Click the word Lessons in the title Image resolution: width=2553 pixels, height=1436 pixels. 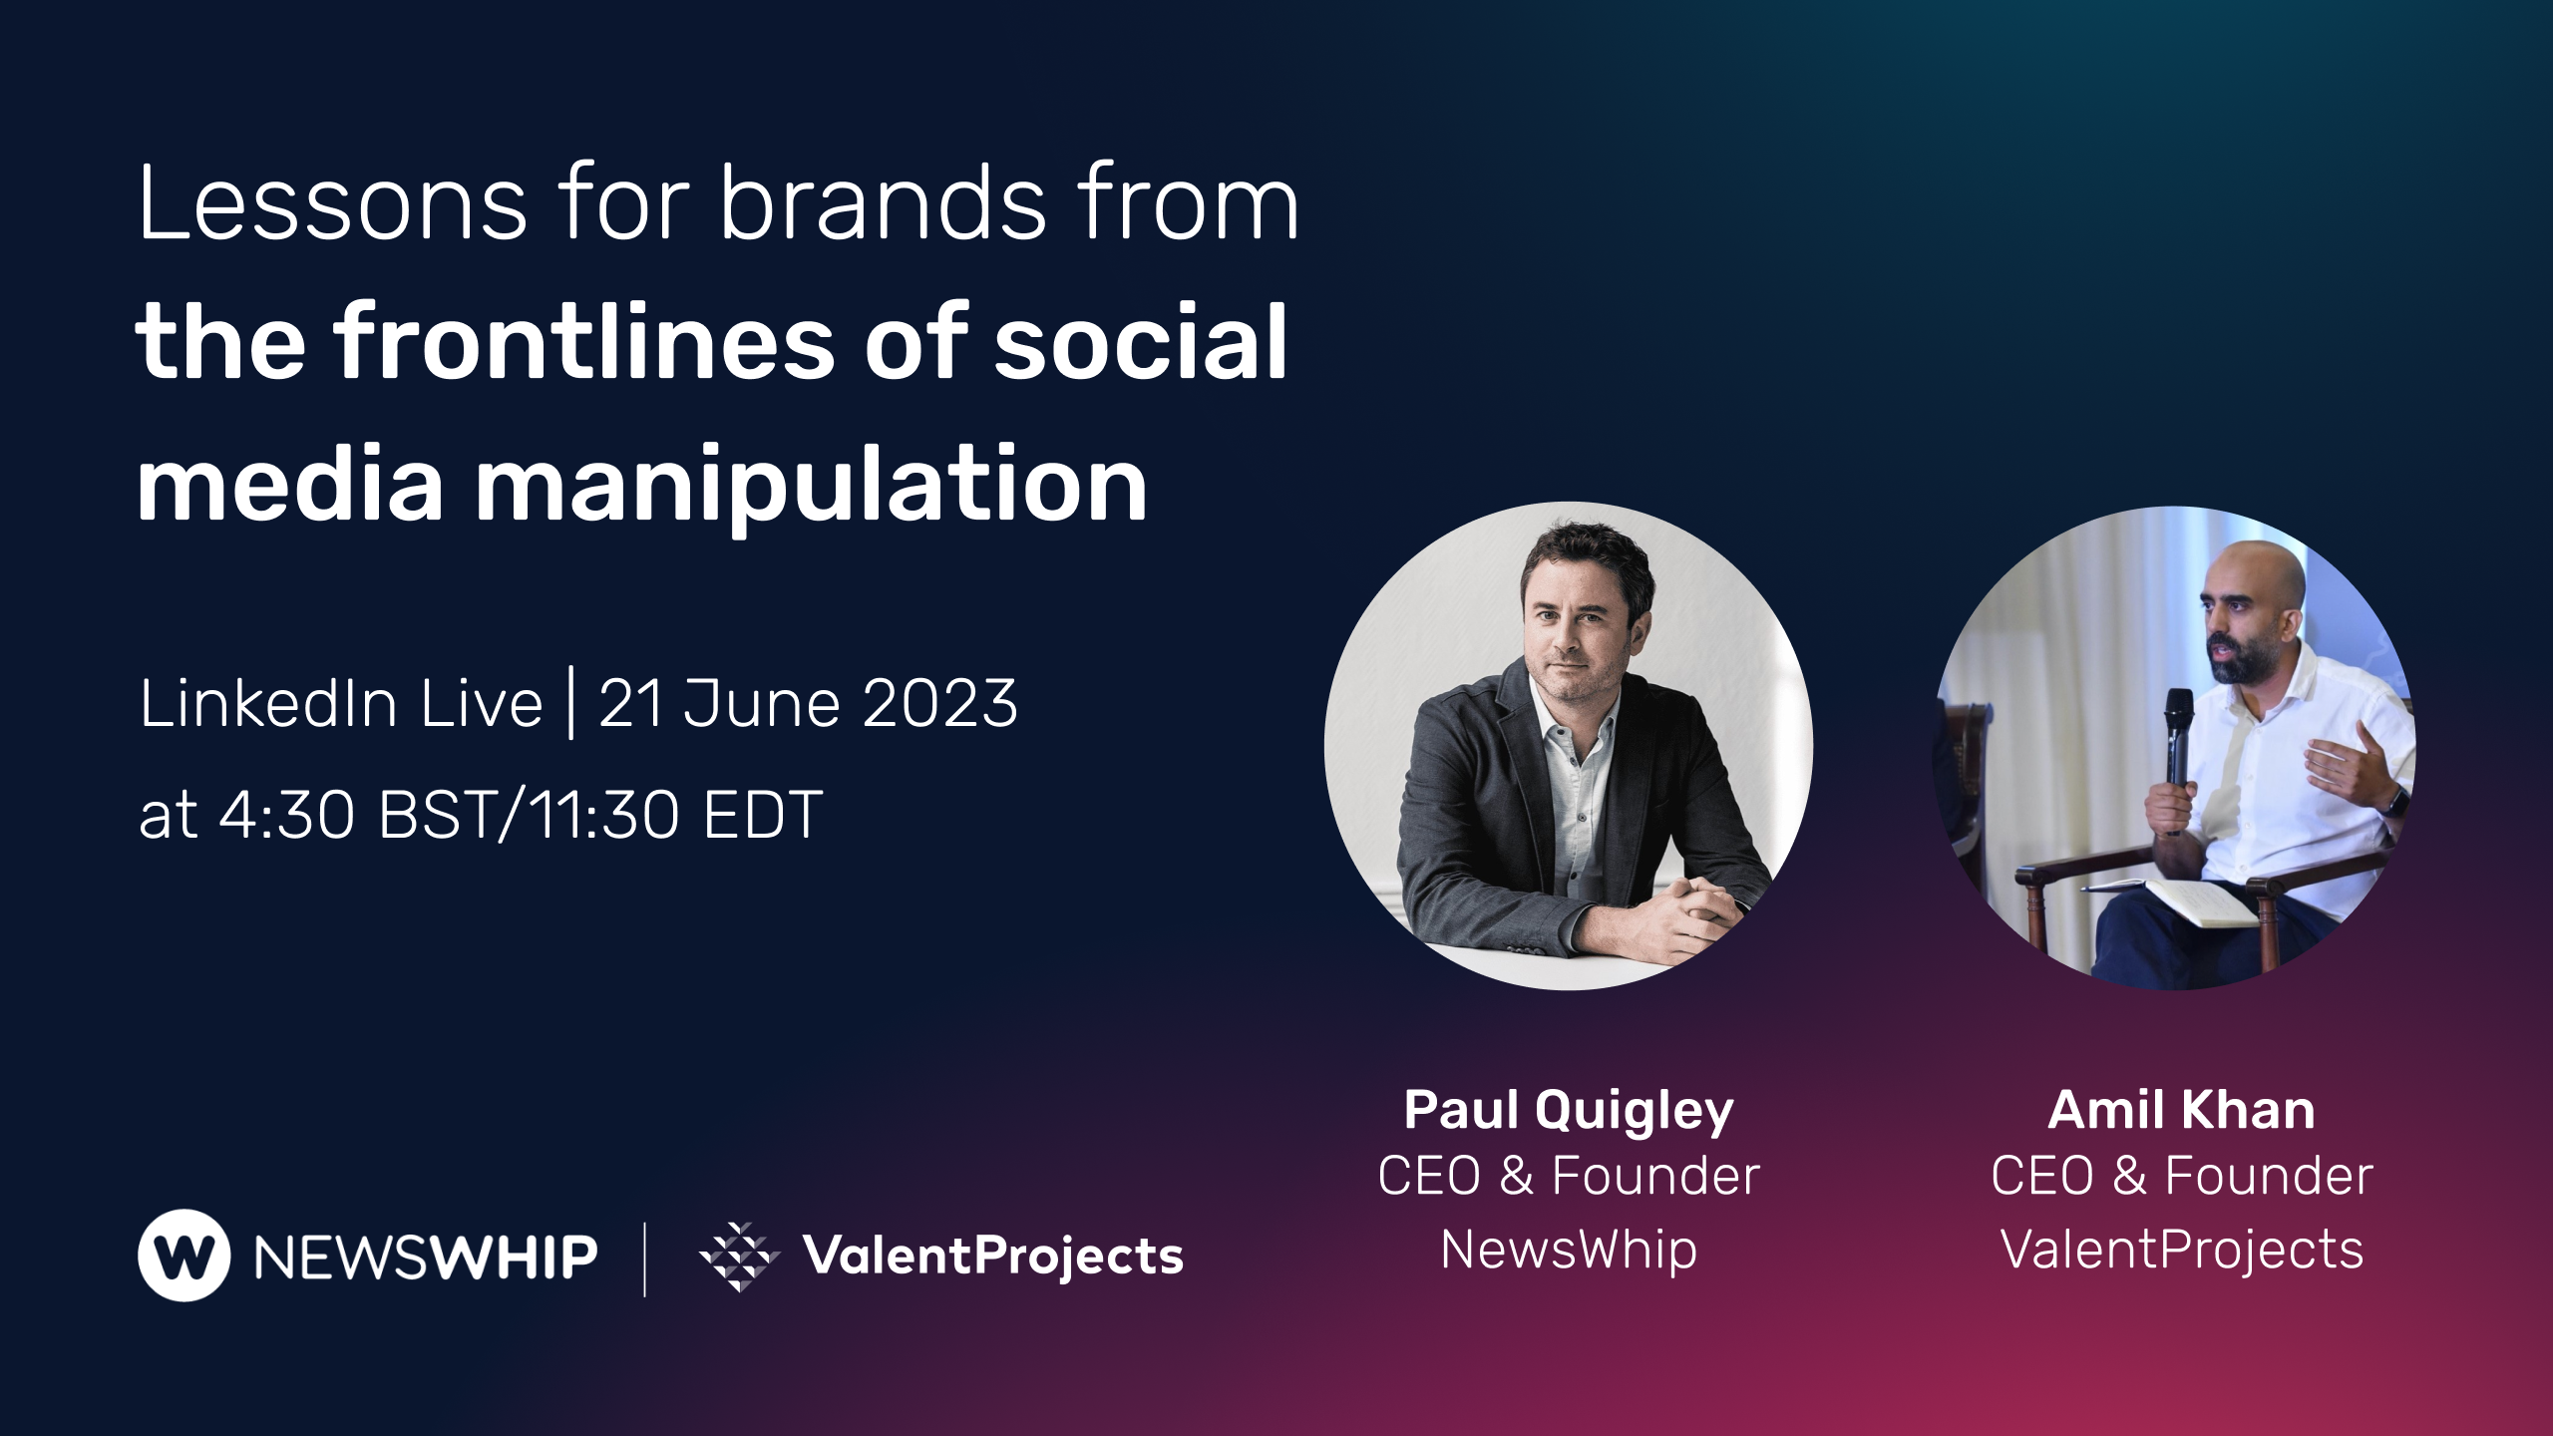tap(333, 203)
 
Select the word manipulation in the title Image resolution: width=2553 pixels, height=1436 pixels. tap(811, 486)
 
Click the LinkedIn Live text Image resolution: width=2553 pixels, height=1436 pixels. tap(341, 703)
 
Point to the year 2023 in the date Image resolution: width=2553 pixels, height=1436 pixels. tap(939, 703)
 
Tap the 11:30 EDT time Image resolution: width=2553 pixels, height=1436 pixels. tap(674, 815)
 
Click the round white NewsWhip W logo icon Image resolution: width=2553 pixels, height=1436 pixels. tap(184, 1256)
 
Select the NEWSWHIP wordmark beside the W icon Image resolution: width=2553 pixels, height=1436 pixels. tap(426, 1256)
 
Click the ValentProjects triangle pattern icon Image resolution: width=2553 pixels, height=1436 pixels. tap(739, 1256)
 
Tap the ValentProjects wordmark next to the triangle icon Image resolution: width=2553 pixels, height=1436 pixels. tap(993, 1256)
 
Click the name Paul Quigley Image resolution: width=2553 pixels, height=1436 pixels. tap(1569, 1111)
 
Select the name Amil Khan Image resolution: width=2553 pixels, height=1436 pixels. tap(2182, 1110)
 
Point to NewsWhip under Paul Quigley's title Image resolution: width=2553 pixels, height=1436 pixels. tap(1569, 1250)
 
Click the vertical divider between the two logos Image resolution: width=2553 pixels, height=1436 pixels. tap(645, 1258)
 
